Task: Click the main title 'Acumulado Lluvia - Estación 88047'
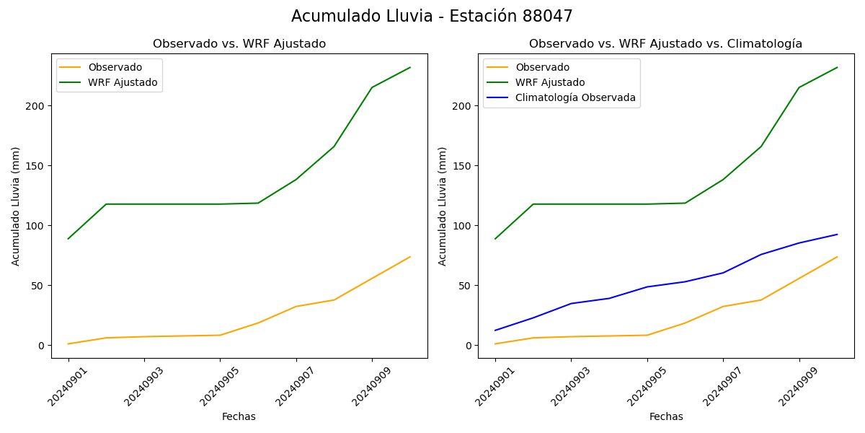pos(432,17)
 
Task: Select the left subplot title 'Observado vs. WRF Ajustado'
pos(239,44)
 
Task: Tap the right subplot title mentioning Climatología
pos(665,44)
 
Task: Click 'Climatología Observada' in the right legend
pos(575,98)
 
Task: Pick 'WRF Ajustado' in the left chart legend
pos(123,83)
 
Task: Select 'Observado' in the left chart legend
pos(115,68)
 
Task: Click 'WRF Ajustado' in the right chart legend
pos(550,83)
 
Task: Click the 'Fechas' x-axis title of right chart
pos(666,417)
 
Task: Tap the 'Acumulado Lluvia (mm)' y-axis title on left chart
pos(16,206)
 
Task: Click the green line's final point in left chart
pos(410,68)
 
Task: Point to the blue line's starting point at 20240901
pos(495,331)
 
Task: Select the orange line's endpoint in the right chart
pos(837,257)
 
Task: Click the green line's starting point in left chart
pos(68,239)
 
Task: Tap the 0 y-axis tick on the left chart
pos(41,346)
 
